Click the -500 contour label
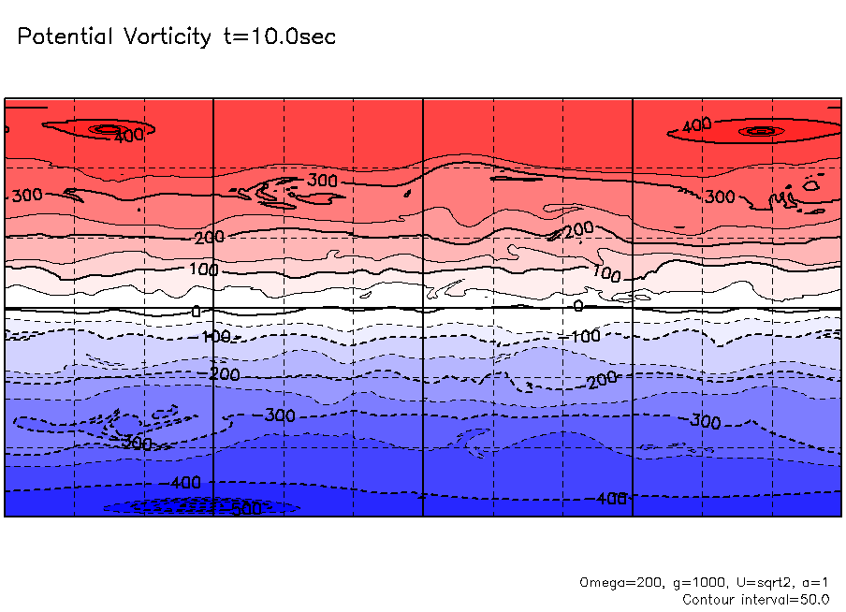(x=245, y=509)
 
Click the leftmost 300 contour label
(x=26, y=196)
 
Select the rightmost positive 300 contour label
(x=720, y=197)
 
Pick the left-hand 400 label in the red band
(x=128, y=137)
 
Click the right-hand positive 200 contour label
(x=580, y=229)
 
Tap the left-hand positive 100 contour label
(x=202, y=270)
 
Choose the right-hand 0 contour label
(x=577, y=306)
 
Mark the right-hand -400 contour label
(x=611, y=499)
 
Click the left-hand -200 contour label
(x=225, y=374)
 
